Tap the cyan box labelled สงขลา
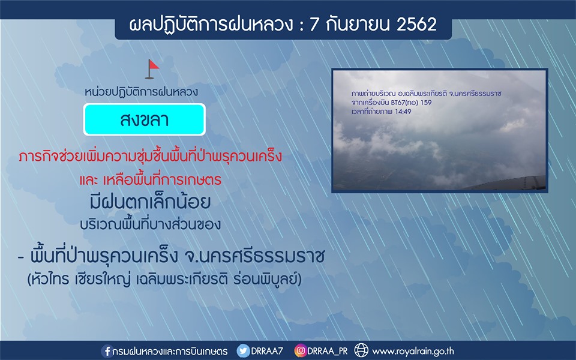pos(145,119)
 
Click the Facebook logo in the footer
pos(107,351)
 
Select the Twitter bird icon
pos(243,351)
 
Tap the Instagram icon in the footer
pos(300,351)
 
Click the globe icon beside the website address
pos(361,350)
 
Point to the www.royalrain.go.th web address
pos(413,352)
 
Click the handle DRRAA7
pos(266,351)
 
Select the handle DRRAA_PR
pos(328,352)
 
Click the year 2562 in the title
pos(416,25)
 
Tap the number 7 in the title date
pos(313,25)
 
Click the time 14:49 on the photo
pos(403,112)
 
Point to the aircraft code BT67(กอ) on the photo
pos(404,103)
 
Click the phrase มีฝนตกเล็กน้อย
pos(150,202)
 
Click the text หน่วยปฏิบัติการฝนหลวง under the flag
pos(141,92)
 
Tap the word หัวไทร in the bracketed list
pos(50,280)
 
